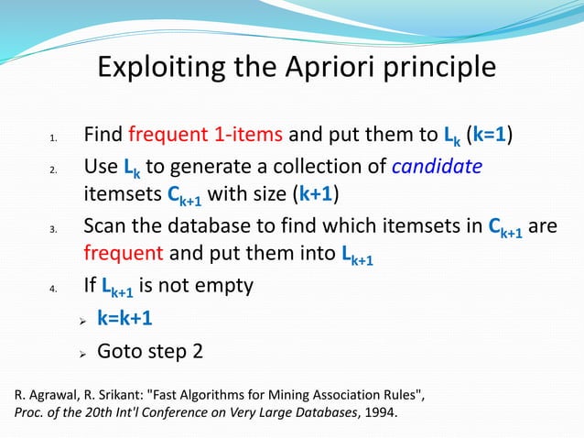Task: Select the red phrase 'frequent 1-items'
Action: [x=207, y=137]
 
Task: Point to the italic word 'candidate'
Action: [x=437, y=167]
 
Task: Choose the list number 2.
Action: [x=53, y=170]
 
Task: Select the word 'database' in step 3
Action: [x=217, y=226]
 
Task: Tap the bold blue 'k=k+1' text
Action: [x=124, y=318]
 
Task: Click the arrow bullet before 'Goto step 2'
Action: [x=82, y=352]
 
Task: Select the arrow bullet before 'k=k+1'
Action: [x=82, y=320]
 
